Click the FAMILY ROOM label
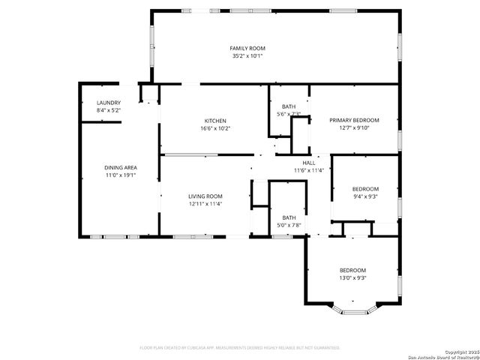tap(247, 48)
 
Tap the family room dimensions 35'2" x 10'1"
tap(247, 55)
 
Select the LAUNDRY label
tap(109, 103)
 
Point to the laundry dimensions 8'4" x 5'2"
tap(109, 110)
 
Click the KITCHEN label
tap(216, 121)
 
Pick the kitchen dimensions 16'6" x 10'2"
tap(216, 128)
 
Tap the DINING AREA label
tap(120, 167)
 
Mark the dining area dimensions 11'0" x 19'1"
tap(120, 175)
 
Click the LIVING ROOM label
tap(205, 196)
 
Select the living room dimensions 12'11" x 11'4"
tap(205, 203)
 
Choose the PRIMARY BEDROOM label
tap(355, 120)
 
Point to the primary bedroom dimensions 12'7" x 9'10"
tap(355, 127)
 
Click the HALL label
tap(309, 163)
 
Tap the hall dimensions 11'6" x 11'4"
tap(309, 170)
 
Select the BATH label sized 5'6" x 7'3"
tap(289, 106)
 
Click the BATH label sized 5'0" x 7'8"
tap(289, 217)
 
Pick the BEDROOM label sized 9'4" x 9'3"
tap(365, 189)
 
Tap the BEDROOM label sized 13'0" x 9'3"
tap(352, 270)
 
